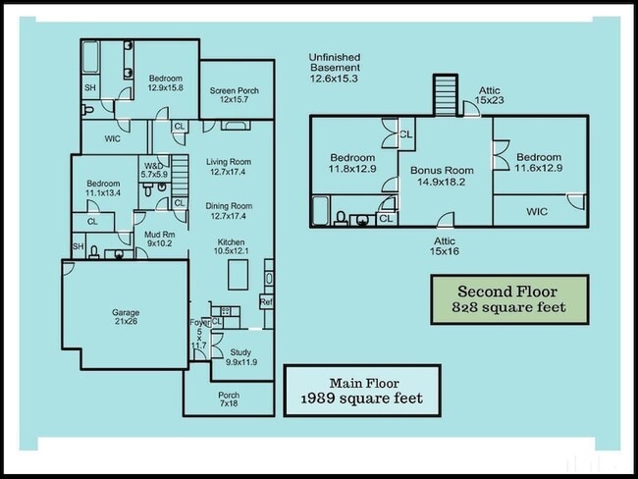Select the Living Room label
(x=229, y=167)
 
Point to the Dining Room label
(x=229, y=211)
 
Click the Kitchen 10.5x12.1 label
(x=232, y=247)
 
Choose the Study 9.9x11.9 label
(x=241, y=356)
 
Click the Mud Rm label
(x=159, y=239)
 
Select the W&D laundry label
(x=154, y=170)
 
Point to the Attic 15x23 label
(x=490, y=94)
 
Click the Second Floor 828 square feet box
(x=509, y=299)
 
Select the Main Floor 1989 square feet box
(x=360, y=391)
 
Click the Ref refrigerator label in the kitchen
(x=266, y=302)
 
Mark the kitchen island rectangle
(x=238, y=277)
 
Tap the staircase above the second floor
(x=447, y=94)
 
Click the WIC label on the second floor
(x=537, y=211)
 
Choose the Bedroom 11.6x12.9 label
(x=539, y=163)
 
